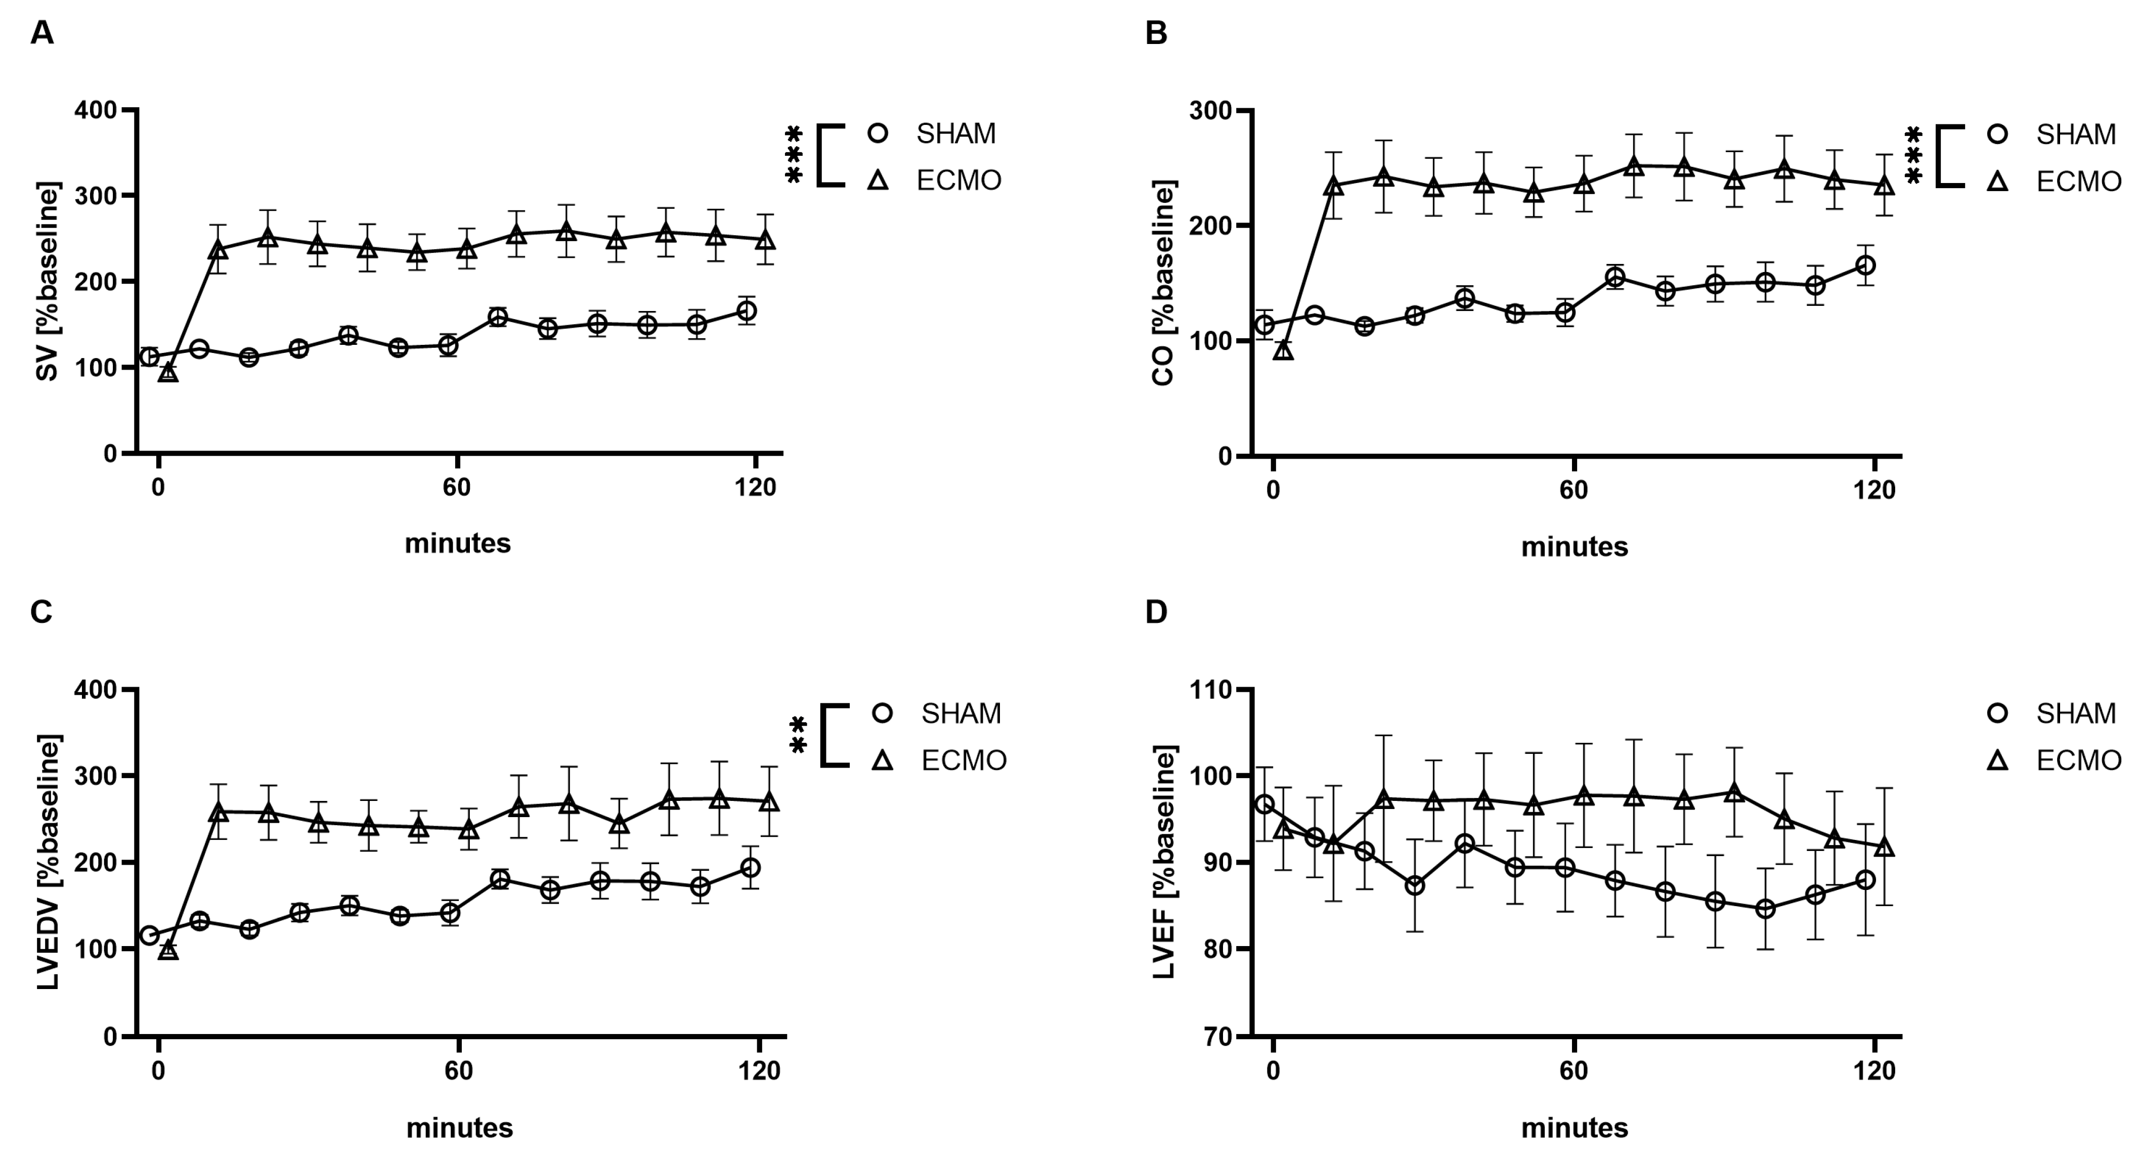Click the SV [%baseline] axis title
(48, 282)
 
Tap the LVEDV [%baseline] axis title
(48, 862)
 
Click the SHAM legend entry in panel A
(955, 133)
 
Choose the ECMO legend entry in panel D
(2078, 761)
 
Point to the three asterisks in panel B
(1912, 155)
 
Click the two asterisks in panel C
(798, 736)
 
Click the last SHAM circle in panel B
(1864, 265)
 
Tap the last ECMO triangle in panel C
(769, 802)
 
